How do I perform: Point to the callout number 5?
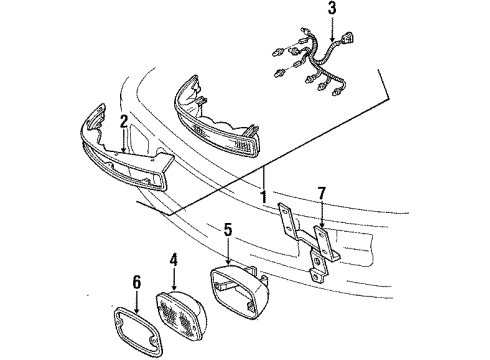click(228, 229)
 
